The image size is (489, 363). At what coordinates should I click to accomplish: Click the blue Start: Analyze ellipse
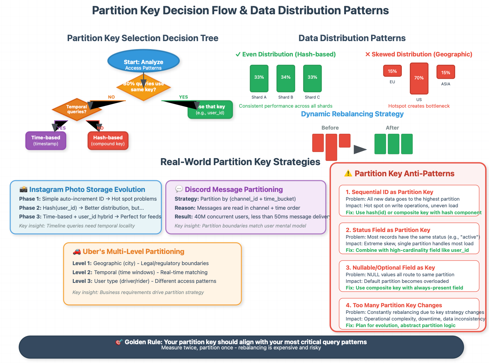[143, 61]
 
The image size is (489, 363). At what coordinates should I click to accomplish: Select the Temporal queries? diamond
[77, 109]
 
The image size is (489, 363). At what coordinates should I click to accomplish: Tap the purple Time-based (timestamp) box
[46, 140]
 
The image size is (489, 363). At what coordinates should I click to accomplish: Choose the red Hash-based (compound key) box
[108, 140]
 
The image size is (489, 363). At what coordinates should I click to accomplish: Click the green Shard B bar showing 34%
[286, 78]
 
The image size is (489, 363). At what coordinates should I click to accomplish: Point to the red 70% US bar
[419, 78]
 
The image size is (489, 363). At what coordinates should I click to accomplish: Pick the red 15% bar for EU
[392, 71]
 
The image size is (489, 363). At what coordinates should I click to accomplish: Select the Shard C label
[312, 97]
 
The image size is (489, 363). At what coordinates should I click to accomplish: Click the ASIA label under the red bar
[445, 84]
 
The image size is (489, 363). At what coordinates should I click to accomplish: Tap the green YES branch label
[183, 97]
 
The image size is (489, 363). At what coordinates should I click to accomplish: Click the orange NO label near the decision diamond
[111, 97]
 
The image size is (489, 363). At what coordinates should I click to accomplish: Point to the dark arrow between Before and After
[360, 149]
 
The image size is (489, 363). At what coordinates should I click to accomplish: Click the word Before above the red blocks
[330, 128]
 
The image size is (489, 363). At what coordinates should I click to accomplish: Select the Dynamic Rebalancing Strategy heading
[352, 114]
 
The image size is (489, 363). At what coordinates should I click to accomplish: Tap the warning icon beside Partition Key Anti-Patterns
[348, 173]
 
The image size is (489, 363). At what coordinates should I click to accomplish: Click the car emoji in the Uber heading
[77, 252]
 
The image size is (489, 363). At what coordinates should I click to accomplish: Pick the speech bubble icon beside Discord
[179, 189]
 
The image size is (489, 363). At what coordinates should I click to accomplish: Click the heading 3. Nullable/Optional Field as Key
[390, 268]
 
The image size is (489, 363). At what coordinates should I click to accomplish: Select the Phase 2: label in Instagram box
[30, 208]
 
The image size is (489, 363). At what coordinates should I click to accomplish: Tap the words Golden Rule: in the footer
[143, 342]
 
